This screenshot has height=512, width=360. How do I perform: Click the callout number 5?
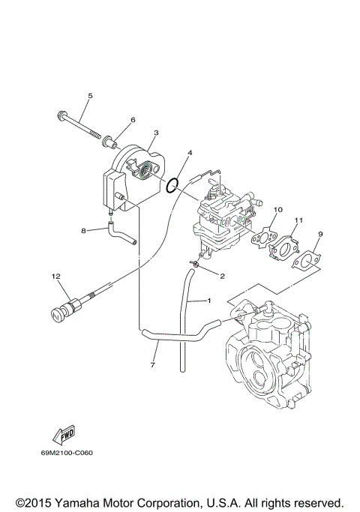(x=90, y=96)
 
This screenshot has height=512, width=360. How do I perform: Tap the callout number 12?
(x=55, y=277)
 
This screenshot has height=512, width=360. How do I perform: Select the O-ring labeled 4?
(x=173, y=184)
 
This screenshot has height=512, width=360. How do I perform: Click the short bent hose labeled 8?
(x=120, y=233)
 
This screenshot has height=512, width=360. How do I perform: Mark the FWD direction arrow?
(x=63, y=435)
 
